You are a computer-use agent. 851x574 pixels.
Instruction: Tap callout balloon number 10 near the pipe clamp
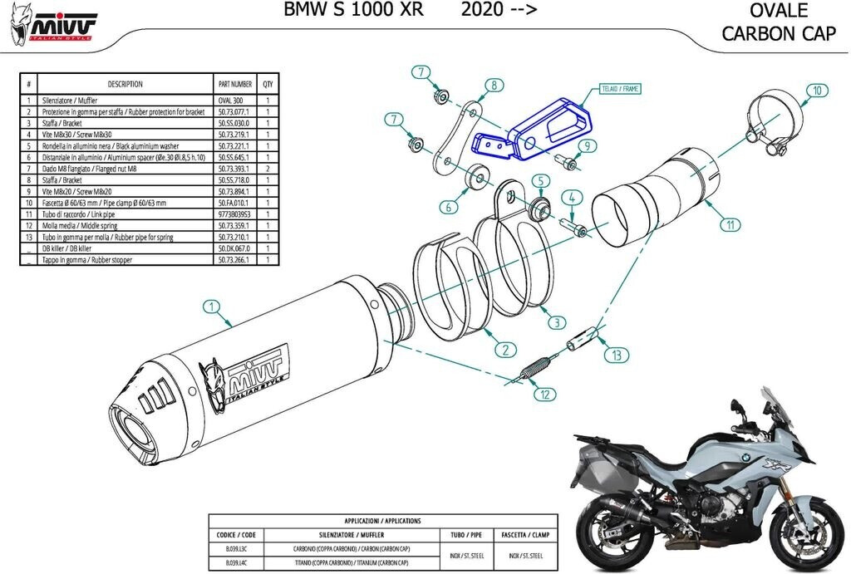tap(817, 89)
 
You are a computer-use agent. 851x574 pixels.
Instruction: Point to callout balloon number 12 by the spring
tap(542, 395)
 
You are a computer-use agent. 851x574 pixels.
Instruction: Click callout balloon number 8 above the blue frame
tap(493, 85)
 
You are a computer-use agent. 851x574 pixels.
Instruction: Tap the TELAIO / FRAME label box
tap(619, 87)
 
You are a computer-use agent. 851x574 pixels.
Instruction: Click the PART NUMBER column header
tap(235, 84)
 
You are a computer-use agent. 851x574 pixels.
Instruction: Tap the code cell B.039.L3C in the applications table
tap(229, 550)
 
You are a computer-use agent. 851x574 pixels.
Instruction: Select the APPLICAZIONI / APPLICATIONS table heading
tap(381, 521)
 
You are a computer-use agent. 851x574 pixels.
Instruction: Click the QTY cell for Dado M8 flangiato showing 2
tap(268, 169)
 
